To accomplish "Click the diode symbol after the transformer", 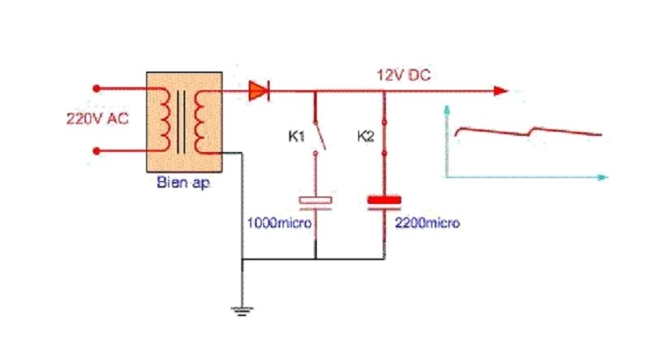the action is [259, 90].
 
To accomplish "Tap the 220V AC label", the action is [97, 119].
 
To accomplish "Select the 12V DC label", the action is [404, 75].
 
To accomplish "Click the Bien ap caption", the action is [184, 182].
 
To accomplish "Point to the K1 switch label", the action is [297, 136].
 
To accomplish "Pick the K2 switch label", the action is [366, 136].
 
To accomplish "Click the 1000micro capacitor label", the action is [279, 223].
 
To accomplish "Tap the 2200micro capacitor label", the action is [427, 223].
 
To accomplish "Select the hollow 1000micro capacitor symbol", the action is [315, 202].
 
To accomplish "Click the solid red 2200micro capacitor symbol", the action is [384, 202].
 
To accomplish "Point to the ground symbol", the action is [242, 310].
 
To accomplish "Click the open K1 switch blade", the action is [319, 135].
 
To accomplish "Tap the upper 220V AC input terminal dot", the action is [97, 89].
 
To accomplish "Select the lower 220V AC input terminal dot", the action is [97, 151].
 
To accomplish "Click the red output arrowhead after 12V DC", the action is [500, 91].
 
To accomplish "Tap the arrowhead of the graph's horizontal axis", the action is [602, 177].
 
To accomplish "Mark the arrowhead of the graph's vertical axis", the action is [447, 110].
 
